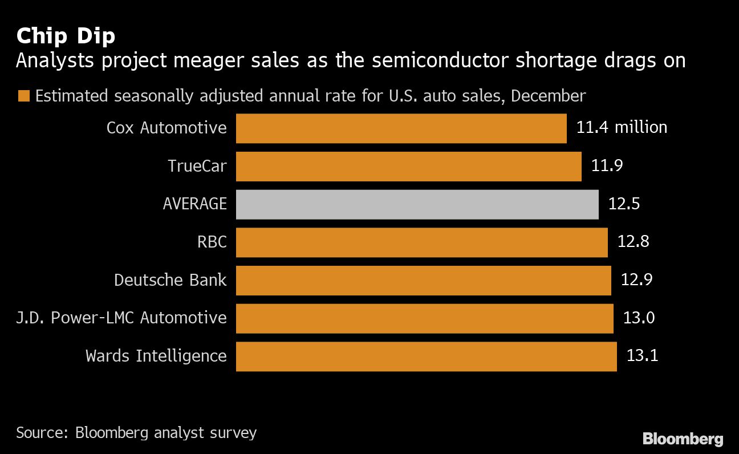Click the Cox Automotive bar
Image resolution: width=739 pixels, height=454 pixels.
click(x=401, y=128)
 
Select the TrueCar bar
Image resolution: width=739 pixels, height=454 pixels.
click(x=408, y=167)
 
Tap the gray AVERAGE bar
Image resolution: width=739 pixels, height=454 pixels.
click(x=417, y=204)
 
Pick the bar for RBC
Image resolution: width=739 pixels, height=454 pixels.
click(x=421, y=242)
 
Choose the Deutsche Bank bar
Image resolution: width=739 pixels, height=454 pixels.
click(x=423, y=280)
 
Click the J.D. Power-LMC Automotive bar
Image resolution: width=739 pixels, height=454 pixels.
click(x=424, y=318)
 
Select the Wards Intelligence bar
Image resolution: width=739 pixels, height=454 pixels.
click(x=426, y=356)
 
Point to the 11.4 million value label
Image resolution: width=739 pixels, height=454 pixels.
click(x=622, y=127)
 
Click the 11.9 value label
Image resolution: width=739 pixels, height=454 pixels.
click(x=607, y=166)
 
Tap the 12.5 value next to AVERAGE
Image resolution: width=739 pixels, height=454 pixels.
click(x=624, y=204)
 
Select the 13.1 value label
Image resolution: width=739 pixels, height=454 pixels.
click(x=642, y=356)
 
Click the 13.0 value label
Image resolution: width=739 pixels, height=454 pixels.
click(x=639, y=318)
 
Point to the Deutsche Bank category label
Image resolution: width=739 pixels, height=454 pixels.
click(x=170, y=280)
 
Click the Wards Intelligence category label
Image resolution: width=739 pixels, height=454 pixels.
click(x=156, y=356)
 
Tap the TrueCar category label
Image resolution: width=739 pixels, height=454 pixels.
click(x=197, y=166)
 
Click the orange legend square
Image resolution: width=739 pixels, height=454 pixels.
click(x=23, y=96)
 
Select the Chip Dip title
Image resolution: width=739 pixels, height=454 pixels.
click(x=66, y=36)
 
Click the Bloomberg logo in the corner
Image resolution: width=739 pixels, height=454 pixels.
click(x=683, y=439)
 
